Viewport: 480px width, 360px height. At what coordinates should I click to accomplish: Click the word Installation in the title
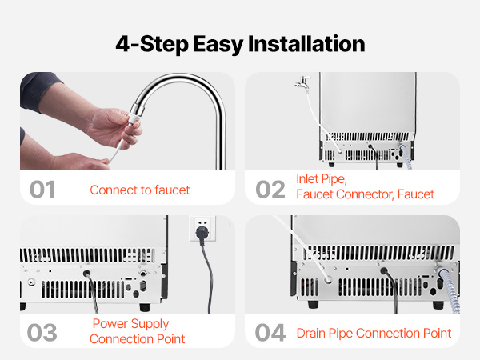tap(306, 44)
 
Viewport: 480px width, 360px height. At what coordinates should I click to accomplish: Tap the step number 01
tap(42, 190)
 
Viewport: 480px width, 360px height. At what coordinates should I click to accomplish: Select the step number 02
tap(270, 190)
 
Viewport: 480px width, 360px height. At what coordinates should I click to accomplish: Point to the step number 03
tap(42, 333)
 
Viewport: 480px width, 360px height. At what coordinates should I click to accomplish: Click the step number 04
tap(270, 333)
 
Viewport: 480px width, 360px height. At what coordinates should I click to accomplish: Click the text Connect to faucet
tap(140, 190)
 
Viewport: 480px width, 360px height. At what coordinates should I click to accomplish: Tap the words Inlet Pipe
tap(322, 179)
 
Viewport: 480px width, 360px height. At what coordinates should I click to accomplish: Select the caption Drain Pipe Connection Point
tap(374, 334)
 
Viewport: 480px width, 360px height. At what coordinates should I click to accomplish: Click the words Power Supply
tap(130, 324)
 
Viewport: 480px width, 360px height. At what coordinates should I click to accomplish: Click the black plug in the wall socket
tap(202, 234)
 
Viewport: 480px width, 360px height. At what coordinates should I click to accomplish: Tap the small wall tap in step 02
tap(302, 83)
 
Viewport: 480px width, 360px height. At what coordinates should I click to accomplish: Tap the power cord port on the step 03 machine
tap(86, 273)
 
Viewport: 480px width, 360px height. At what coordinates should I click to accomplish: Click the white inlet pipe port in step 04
tap(328, 280)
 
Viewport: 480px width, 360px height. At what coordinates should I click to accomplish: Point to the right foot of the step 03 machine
tap(145, 307)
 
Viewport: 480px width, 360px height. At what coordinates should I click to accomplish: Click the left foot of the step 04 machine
tap(313, 304)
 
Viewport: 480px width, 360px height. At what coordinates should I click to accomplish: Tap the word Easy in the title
tap(218, 45)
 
